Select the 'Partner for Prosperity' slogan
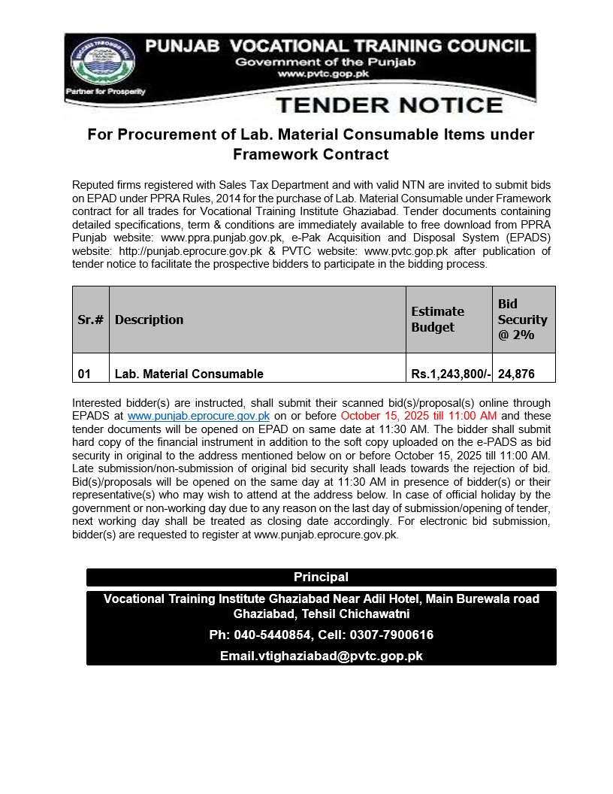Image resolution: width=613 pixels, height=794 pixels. pos(106,92)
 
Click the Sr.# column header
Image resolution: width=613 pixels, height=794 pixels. pos(90,320)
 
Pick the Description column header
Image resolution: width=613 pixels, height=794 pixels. pos(149,320)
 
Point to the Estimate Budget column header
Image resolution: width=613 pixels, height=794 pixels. pos(437,320)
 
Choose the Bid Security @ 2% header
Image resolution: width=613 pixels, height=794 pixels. pos(522,320)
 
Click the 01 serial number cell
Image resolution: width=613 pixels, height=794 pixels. pos(84,374)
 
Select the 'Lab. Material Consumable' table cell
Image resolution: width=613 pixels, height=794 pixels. pos(189,374)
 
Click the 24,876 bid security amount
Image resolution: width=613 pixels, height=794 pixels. pos(516,374)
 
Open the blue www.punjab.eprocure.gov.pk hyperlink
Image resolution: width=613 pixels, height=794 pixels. pos(198,416)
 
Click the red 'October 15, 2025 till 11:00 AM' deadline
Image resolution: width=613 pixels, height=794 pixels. pos(418,416)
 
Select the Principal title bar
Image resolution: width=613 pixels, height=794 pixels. pos(321,577)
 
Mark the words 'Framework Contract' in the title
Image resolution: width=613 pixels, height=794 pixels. pos(310,155)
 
